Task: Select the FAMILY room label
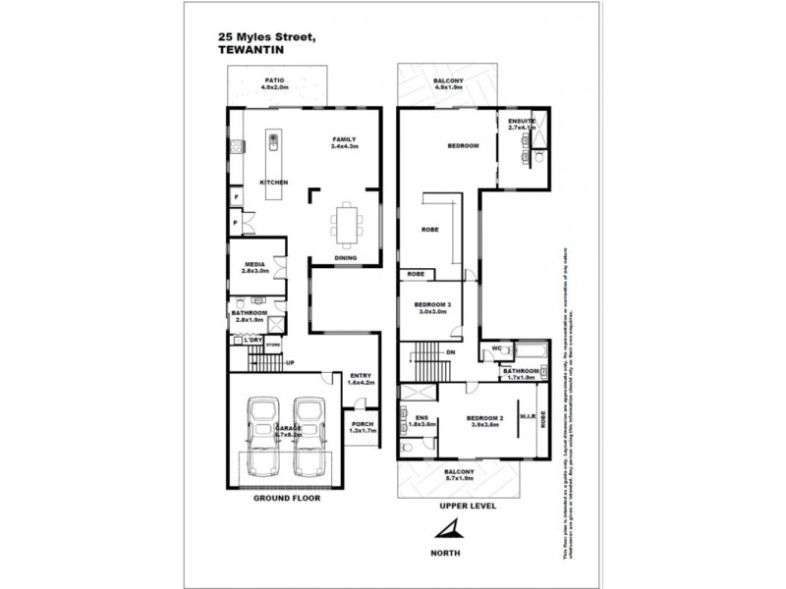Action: coord(344,140)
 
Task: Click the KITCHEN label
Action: coord(273,184)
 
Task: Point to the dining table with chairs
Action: coord(345,223)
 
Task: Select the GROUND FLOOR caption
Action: coord(287,498)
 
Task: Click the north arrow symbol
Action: coord(447,531)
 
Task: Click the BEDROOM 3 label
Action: coord(432,306)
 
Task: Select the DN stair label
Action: coord(450,351)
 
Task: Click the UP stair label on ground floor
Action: coord(290,364)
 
